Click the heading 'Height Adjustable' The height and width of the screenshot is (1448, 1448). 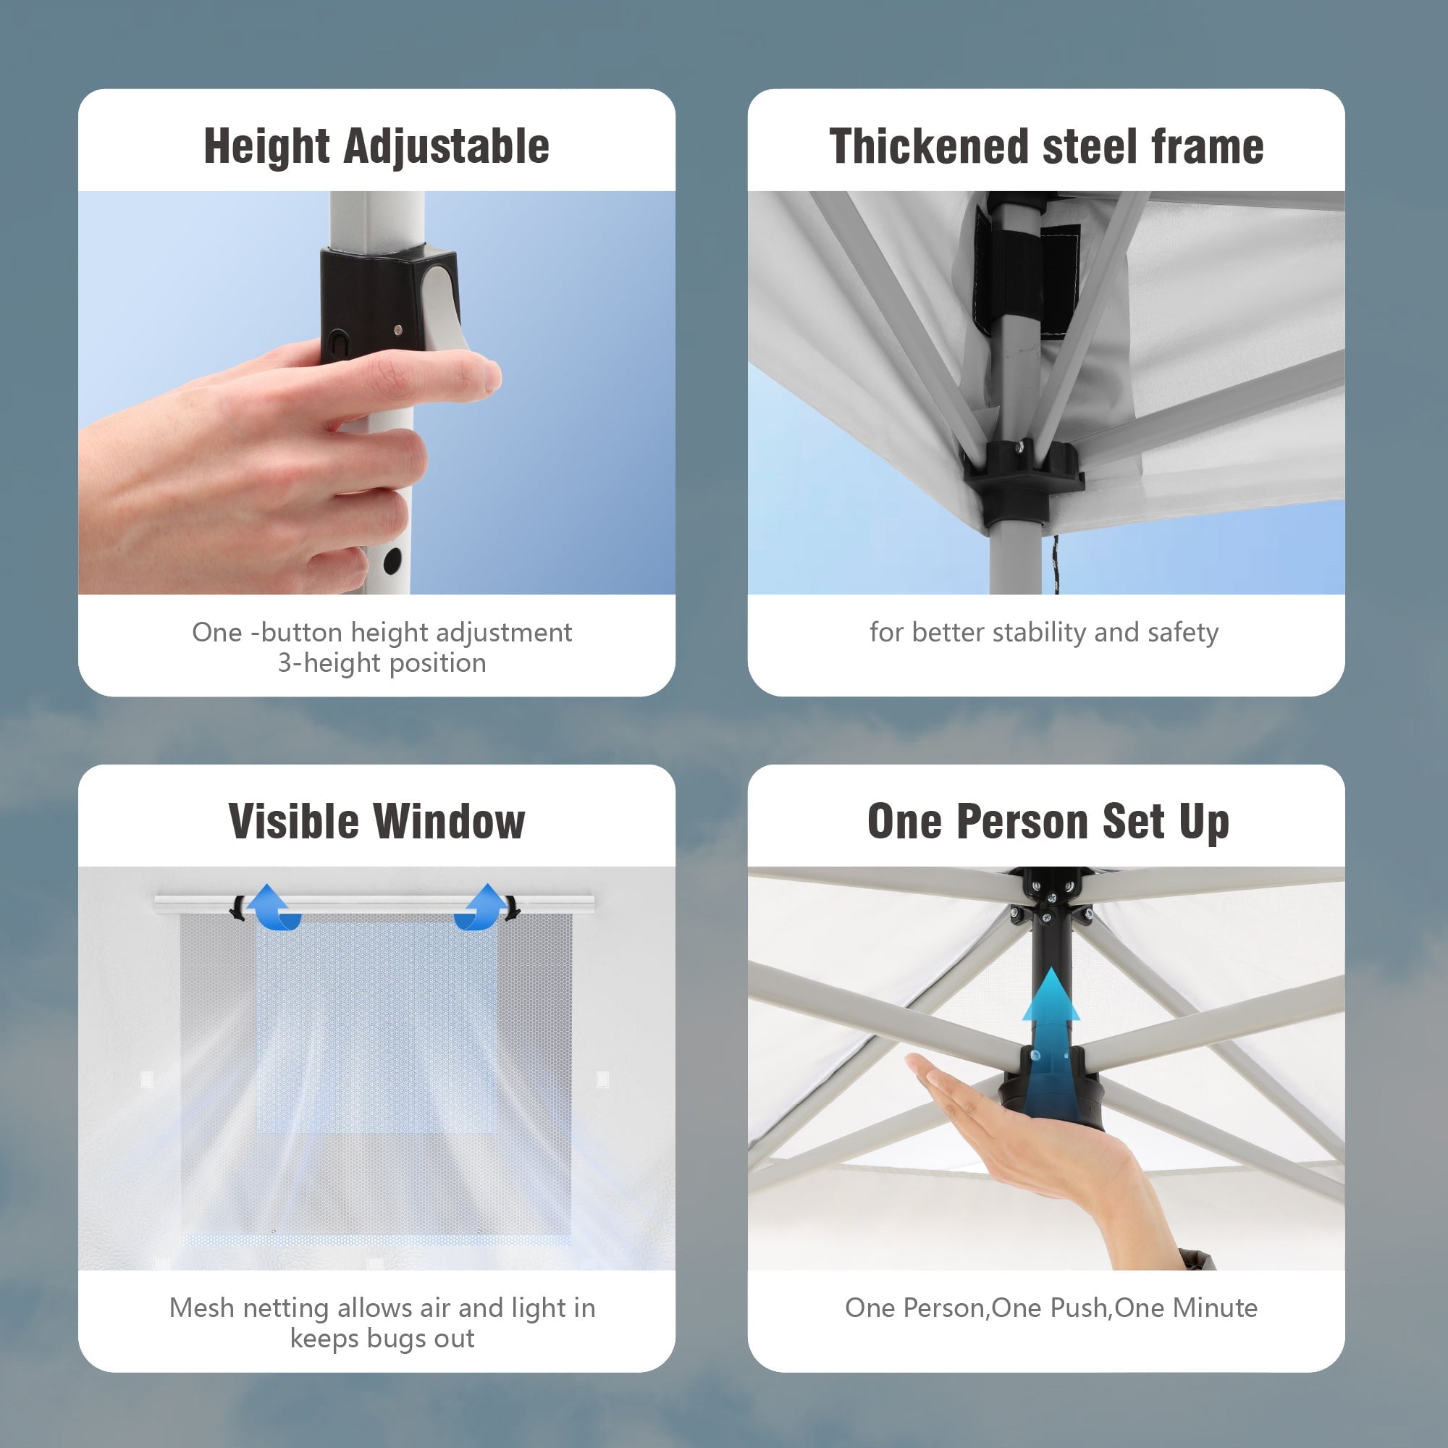click(376, 147)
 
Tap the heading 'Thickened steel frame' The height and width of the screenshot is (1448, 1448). click(1046, 146)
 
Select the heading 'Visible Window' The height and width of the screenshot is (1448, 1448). click(376, 822)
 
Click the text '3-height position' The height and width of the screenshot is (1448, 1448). click(382, 663)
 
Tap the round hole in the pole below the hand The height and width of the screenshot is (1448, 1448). click(392, 560)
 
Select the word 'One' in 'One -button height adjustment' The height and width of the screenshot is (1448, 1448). click(217, 633)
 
